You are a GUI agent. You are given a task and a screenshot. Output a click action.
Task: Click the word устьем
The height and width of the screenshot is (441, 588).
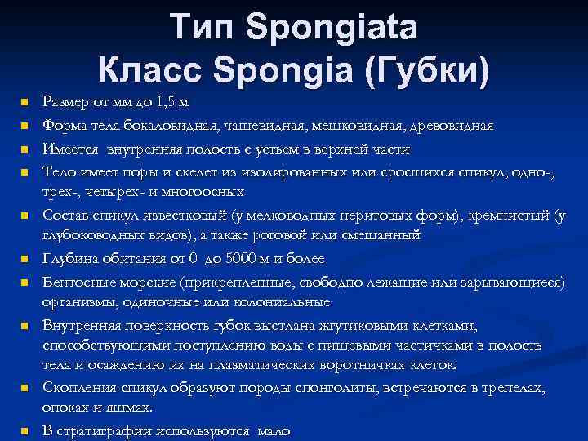click(x=283, y=150)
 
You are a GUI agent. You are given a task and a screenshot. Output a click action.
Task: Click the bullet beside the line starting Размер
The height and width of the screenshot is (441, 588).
click(x=24, y=103)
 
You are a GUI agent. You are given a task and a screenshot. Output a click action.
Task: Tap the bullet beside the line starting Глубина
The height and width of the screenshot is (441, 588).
click(x=24, y=260)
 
